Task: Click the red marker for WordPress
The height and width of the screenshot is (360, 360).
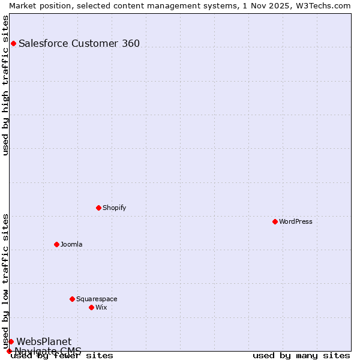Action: (x=275, y=221)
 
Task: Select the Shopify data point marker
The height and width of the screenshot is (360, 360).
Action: (x=98, y=208)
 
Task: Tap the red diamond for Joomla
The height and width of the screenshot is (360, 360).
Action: (x=56, y=244)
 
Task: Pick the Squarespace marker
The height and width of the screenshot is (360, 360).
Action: (x=72, y=299)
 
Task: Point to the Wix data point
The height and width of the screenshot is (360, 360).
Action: (x=91, y=307)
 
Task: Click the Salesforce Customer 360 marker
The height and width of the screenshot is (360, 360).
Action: (x=13, y=43)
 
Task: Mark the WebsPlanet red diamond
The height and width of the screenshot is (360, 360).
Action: (x=11, y=341)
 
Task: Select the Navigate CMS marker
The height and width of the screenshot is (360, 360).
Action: (x=9, y=351)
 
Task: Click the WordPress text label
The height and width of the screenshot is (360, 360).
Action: (x=296, y=221)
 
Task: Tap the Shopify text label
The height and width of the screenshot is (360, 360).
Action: (x=115, y=208)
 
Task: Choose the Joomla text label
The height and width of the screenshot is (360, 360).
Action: (x=71, y=244)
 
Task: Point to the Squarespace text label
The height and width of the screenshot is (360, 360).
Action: (x=97, y=299)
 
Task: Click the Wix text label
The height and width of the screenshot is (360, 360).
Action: (x=101, y=307)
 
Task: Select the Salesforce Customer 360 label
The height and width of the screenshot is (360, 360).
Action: (x=79, y=43)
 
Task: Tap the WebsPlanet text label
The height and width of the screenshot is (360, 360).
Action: (x=44, y=341)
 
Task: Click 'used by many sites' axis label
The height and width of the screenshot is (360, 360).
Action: (x=301, y=356)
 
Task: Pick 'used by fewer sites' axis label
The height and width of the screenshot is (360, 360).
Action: (x=62, y=356)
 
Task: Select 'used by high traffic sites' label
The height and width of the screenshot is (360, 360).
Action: (x=6, y=85)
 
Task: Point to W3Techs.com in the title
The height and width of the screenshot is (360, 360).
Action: (x=322, y=5)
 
